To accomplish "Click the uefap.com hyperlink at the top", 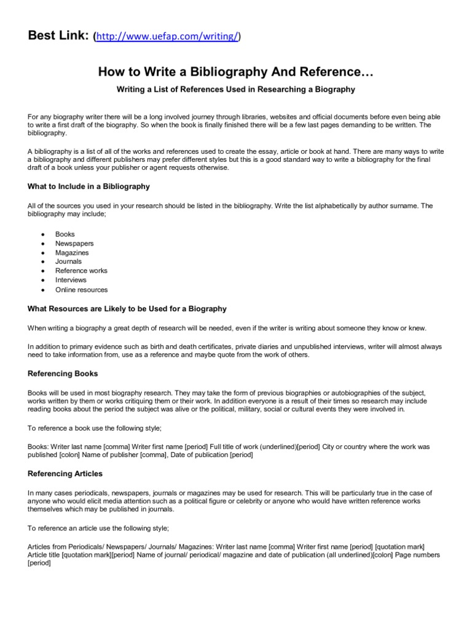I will coord(166,37).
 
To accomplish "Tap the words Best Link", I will coord(58,36).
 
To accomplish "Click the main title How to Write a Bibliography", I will coord(236,73).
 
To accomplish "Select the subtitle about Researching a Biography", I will coord(236,89).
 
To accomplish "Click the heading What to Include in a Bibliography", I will coord(88,186).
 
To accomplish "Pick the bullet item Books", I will coord(65,234).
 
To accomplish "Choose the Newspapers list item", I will coord(74,243).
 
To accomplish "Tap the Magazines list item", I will coord(72,252).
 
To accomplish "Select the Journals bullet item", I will coord(68,261).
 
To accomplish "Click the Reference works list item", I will coord(81,271).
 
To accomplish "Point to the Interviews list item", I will coord(71,280).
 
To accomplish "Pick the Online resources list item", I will coord(81,290).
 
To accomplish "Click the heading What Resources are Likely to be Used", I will coord(127,309).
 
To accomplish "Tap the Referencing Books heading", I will coord(63,373).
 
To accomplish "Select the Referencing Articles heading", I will coord(65,474).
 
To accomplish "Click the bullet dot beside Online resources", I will coord(42,290).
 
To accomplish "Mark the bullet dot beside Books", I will coord(42,234).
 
